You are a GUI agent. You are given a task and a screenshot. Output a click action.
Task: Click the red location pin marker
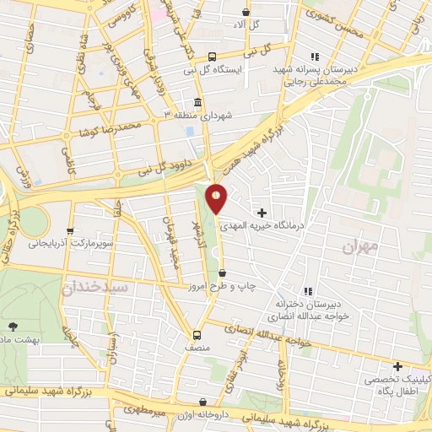217,198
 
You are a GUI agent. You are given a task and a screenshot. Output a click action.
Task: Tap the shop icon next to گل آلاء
246,13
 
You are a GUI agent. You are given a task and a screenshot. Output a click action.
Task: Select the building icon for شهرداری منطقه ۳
198,103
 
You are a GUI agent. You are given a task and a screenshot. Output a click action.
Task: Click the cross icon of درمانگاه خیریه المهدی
262,213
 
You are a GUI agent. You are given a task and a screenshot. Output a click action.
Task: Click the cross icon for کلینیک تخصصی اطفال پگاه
397,366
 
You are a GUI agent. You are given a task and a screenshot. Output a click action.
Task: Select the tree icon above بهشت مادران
12,326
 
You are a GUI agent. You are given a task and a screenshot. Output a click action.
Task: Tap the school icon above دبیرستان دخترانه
308,291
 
